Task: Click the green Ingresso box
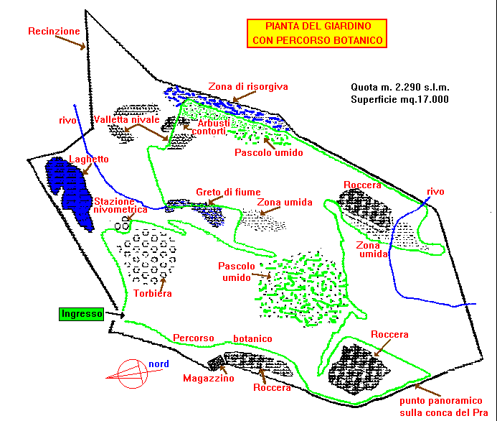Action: tap(82, 314)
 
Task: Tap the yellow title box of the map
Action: tap(317, 33)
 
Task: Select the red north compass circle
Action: tap(133, 374)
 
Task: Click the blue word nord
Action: tap(158, 364)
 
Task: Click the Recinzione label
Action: tap(54, 31)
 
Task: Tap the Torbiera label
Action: tap(153, 293)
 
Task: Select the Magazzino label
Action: tap(209, 378)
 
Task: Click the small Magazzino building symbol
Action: tap(217, 362)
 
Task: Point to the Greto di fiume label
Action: tap(228, 192)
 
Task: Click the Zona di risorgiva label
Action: tap(248, 87)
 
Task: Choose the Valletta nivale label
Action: tap(126, 120)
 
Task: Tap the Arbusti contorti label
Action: tap(211, 127)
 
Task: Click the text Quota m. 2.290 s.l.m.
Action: tap(400, 88)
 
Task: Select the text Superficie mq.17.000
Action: tap(399, 99)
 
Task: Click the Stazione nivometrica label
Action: tap(120, 205)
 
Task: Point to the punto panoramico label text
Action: tap(444, 407)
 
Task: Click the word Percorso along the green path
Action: tap(194, 338)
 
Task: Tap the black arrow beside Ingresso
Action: tap(115, 315)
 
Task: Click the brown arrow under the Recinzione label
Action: tap(70, 42)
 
